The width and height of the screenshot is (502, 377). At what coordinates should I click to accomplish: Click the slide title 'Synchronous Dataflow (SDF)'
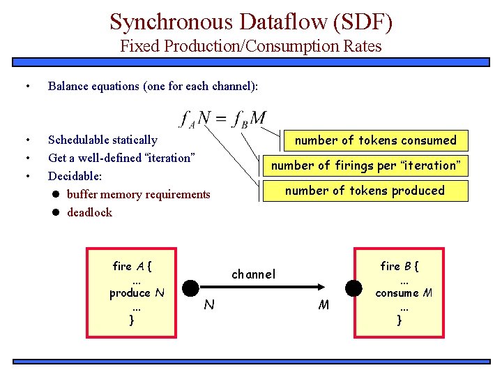[x=251, y=22]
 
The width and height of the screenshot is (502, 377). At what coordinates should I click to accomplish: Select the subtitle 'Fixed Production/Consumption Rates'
[x=251, y=47]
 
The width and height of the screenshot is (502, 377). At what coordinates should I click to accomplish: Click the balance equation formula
[x=222, y=118]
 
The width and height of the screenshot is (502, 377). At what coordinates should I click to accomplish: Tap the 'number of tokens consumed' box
[x=375, y=140]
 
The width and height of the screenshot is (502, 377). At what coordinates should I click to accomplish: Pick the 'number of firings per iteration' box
[x=365, y=165]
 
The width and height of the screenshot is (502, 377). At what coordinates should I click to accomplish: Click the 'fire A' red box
[x=131, y=288]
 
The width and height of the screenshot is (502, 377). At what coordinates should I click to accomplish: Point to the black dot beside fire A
[x=190, y=288]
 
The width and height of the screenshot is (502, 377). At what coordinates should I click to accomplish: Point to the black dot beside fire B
[x=355, y=288]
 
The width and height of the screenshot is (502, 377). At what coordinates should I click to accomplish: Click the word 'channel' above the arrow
[x=253, y=274]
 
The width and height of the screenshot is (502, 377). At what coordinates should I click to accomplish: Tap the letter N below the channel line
[x=208, y=304]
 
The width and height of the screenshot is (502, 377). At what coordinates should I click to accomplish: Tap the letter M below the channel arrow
[x=324, y=304]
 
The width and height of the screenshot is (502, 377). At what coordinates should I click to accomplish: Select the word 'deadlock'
[x=89, y=212]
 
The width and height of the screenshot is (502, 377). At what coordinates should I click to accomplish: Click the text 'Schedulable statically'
[x=102, y=140]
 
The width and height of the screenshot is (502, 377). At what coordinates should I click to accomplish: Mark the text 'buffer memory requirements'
[x=138, y=194]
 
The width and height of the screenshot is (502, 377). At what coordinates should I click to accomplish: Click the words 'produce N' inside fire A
[x=137, y=293]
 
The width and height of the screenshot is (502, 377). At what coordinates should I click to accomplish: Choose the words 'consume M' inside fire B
[x=404, y=293]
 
